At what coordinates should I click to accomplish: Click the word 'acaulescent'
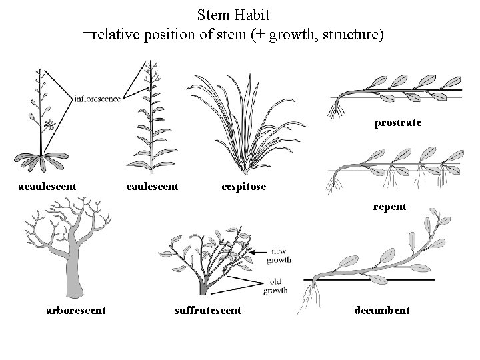point(47,187)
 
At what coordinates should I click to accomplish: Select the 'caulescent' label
point(153,187)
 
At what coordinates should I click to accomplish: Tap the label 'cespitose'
point(243,187)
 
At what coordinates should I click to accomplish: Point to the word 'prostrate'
point(398,123)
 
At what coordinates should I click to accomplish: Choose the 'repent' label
point(390,207)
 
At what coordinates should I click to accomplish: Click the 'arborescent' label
point(76,310)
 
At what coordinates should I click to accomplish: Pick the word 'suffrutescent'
point(207,310)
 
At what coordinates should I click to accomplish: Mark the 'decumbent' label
point(382,310)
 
